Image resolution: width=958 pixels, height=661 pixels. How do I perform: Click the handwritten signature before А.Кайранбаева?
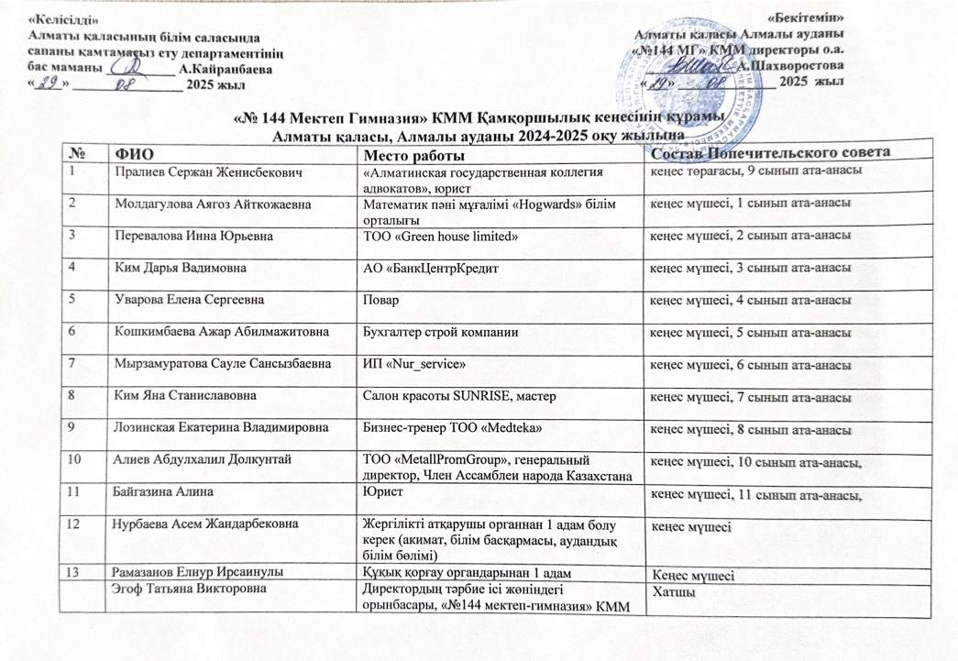(x=134, y=68)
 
